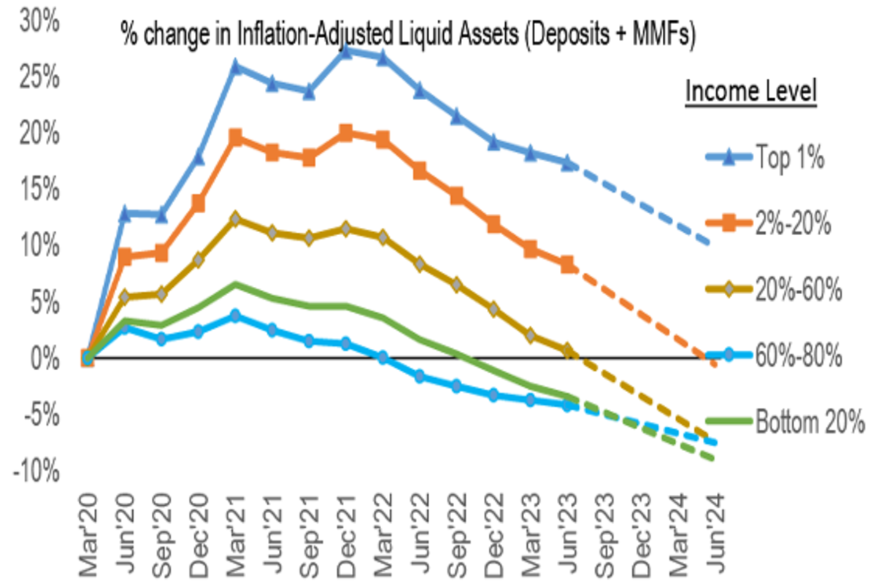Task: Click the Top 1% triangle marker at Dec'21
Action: [x=345, y=51]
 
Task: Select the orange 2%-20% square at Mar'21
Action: [x=235, y=137]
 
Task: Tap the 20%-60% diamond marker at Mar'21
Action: [x=235, y=219]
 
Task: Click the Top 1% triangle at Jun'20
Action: [x=125, y=214]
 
